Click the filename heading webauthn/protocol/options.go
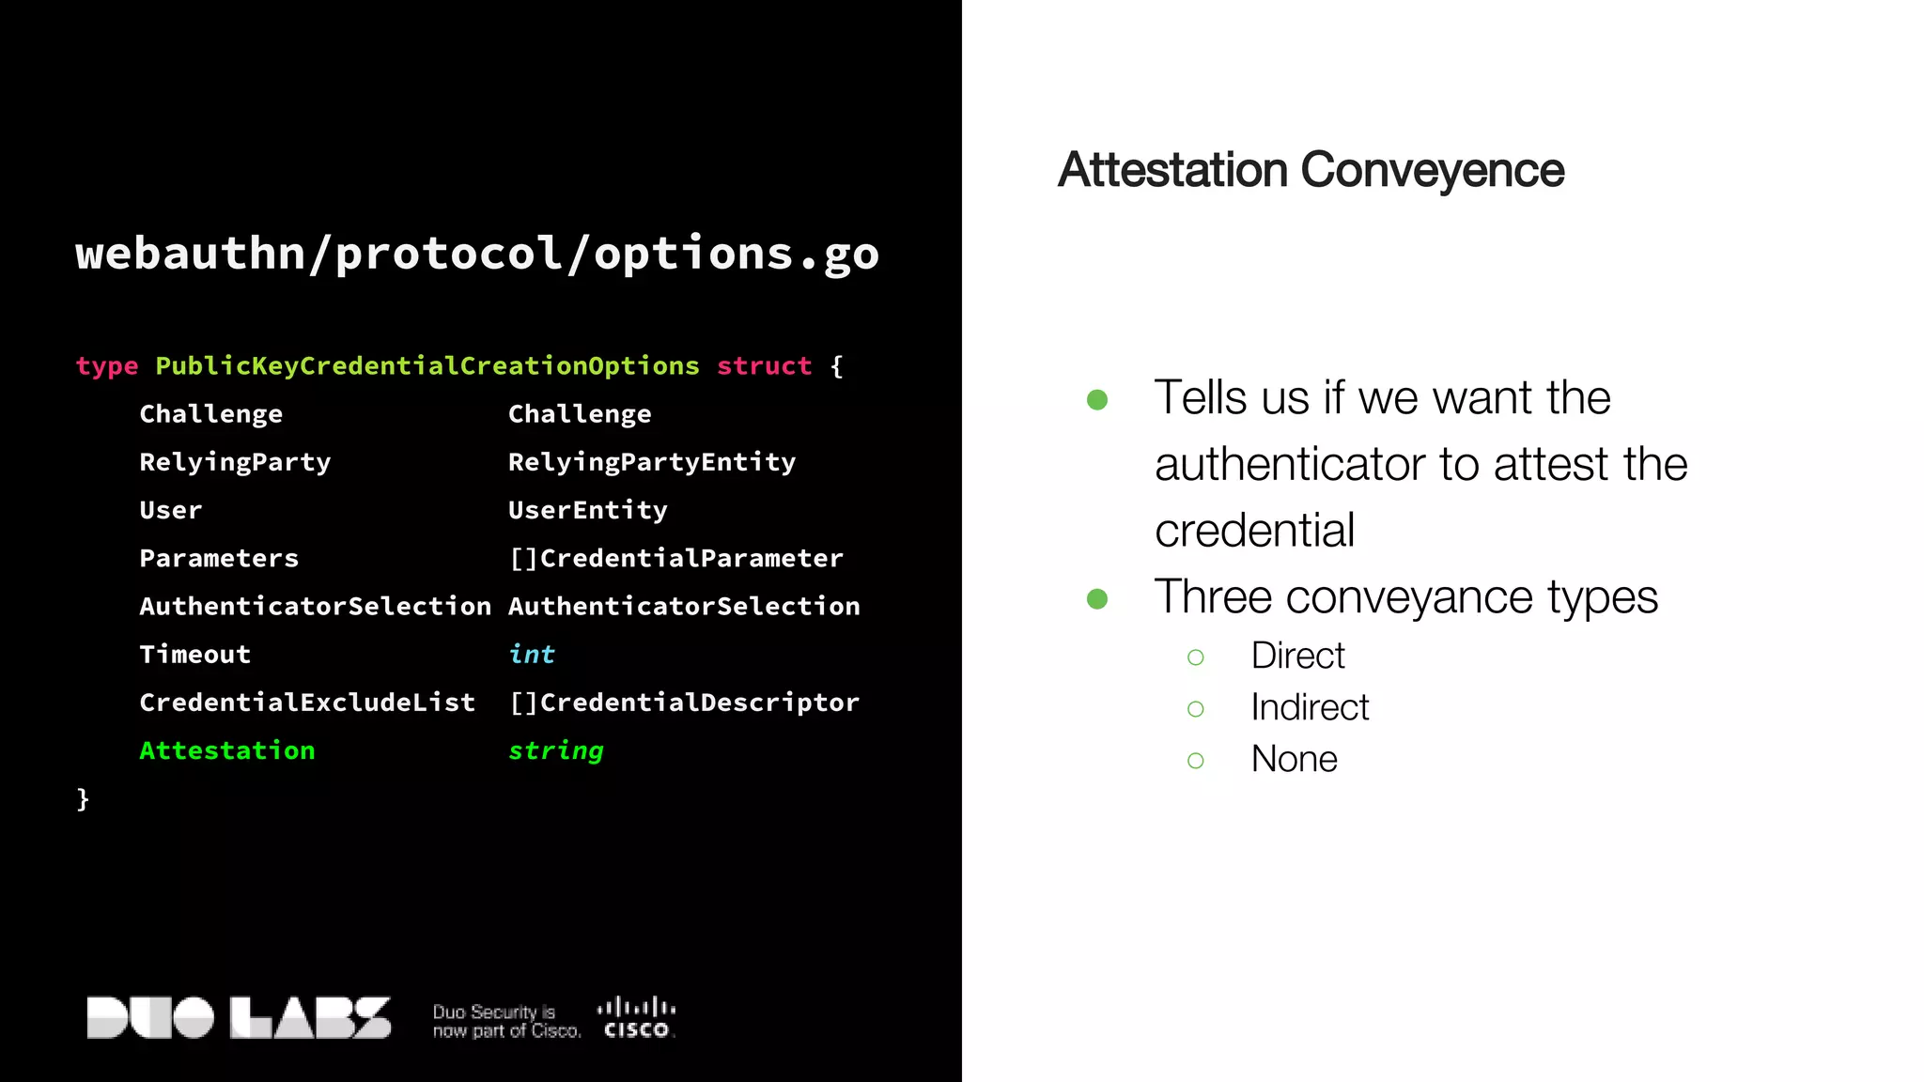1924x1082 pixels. pos(477,254)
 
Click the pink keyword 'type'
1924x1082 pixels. pos(107,366)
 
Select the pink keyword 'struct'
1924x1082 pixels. pos(764,366)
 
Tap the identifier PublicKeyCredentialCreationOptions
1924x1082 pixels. pos(427,366)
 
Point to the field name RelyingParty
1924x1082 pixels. pos(235,462)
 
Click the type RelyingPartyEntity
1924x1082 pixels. pos(652,462)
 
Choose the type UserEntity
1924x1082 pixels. pos(588,510)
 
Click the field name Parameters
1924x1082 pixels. pos(219,558)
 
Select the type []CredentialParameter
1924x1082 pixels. pos(676,558)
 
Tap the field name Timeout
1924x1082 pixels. pos(195,655)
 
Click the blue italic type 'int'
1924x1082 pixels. pos(532,655)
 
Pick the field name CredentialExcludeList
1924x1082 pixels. pos(307,703)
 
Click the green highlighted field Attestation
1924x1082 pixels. pos(227,750)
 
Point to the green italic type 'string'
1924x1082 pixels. pos(556,750)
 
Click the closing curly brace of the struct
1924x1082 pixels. pos(83,799)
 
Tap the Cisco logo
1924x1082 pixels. pos(636,1018)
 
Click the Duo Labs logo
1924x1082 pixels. pos(239,1018)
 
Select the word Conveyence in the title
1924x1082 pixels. pos(1432,170)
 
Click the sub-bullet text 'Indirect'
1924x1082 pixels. pos(1310,707)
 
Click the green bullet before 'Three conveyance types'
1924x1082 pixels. pos(1097,598)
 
